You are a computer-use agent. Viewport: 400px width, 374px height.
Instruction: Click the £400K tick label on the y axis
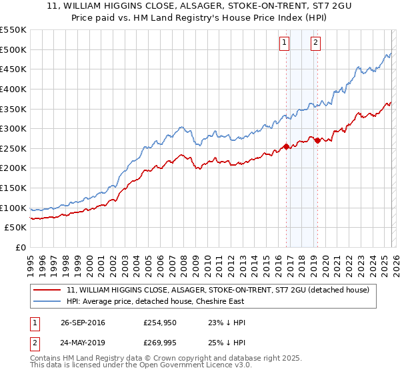pos(13,89)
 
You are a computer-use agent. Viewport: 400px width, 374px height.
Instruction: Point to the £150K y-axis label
pos(13,188)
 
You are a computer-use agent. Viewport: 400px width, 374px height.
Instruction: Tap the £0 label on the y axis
pos(21,248)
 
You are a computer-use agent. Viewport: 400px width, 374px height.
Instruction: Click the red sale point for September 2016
pos(287,146)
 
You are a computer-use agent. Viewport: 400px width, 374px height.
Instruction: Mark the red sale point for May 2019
pos(317,140)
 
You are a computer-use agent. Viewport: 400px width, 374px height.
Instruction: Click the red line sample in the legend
pos(47,290)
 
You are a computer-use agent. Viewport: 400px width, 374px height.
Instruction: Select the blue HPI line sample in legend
pos(47,301)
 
